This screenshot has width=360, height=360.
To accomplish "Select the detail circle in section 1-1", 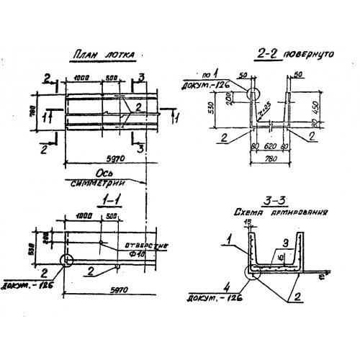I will [x=66, y=260].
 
